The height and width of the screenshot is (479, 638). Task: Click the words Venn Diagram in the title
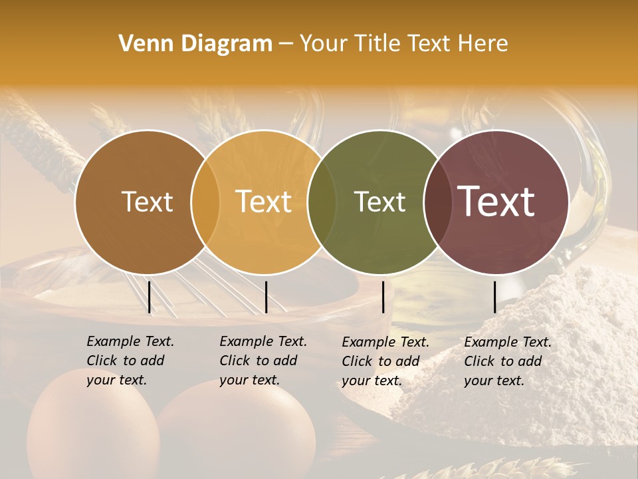click(195, 44)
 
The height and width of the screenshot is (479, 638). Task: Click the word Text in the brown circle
click(147, 202)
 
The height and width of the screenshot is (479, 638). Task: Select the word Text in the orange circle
click(263, 202)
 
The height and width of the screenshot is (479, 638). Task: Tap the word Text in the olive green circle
click(379, 202)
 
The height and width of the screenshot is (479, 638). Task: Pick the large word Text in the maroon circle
click(496, 202)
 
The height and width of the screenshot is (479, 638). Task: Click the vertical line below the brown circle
click(150, 297)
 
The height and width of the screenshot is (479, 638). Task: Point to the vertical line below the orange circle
click(266, 297)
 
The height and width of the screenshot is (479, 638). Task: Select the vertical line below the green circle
click(383, 297)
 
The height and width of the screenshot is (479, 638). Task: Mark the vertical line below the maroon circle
click(495, 297)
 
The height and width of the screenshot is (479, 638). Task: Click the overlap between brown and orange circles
click(205, 202)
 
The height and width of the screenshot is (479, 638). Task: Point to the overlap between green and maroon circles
click(436, 202)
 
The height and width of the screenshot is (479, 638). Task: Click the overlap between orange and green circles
click(321, 202)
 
